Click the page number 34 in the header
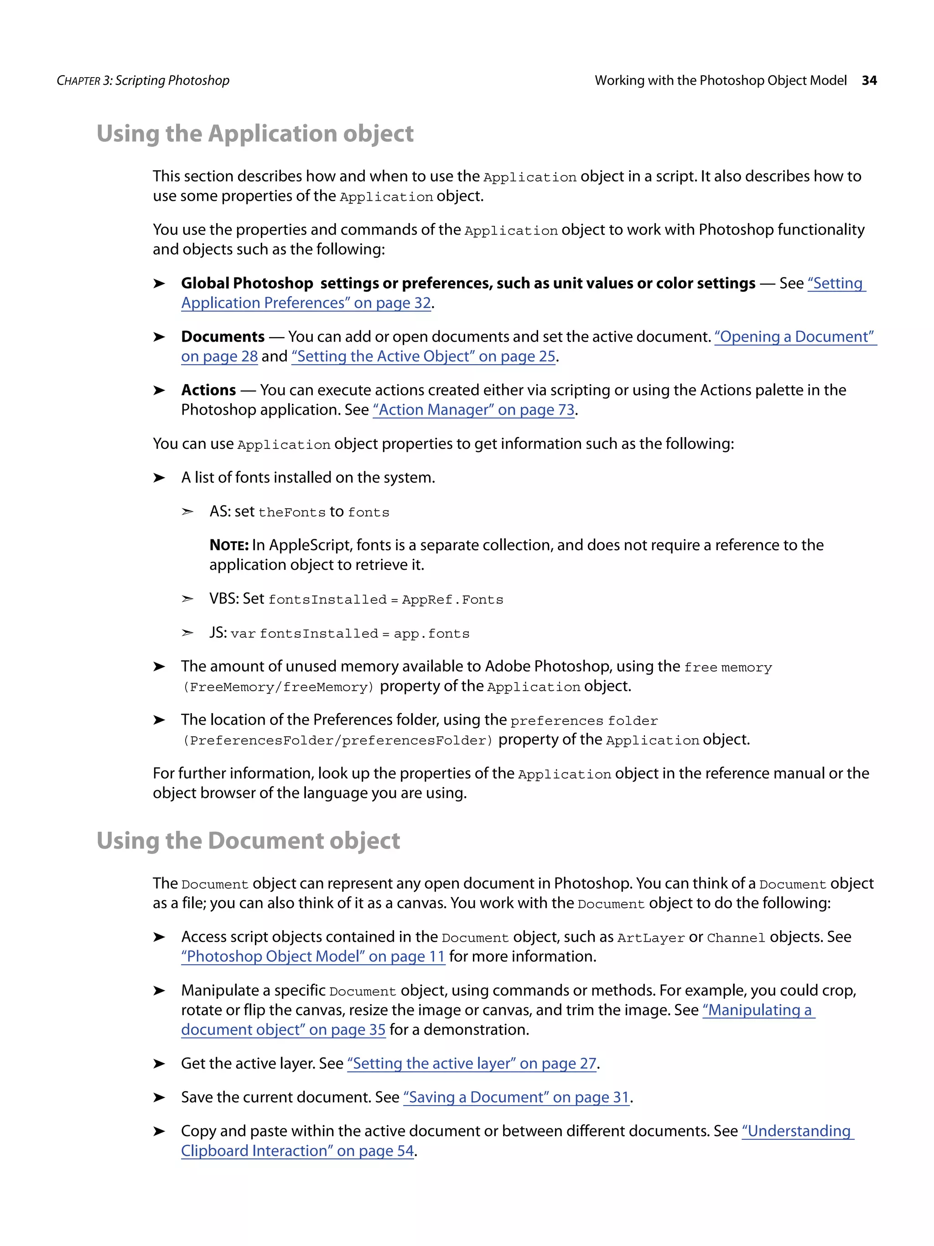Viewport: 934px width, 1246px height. (869, 81)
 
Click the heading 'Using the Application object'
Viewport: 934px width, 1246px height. (254, 134)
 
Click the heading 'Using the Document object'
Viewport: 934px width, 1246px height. (248, 841)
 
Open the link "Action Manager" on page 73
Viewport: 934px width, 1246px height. (473, 410)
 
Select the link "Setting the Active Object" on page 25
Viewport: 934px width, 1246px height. (423, 357)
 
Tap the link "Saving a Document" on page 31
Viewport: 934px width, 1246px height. (516, 1097)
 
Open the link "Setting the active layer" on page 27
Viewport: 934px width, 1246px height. (471, 1064)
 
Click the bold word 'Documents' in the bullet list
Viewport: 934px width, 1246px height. (223, 337)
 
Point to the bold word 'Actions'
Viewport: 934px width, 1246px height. (208, 391)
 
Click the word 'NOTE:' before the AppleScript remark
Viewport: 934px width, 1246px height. (228, 545)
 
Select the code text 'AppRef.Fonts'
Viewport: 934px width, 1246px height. (452, 600)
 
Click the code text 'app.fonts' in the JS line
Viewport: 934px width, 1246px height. (431, 634)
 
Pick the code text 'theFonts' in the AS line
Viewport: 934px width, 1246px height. (291, 513)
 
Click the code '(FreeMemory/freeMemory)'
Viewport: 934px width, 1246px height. (278, 687)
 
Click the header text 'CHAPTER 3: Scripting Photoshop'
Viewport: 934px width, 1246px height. (143, 81)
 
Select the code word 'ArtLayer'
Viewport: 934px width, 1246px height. (650, 938)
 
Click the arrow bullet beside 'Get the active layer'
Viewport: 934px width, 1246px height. (159, 1064)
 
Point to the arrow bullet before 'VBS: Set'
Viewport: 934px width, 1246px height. (187, 599)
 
